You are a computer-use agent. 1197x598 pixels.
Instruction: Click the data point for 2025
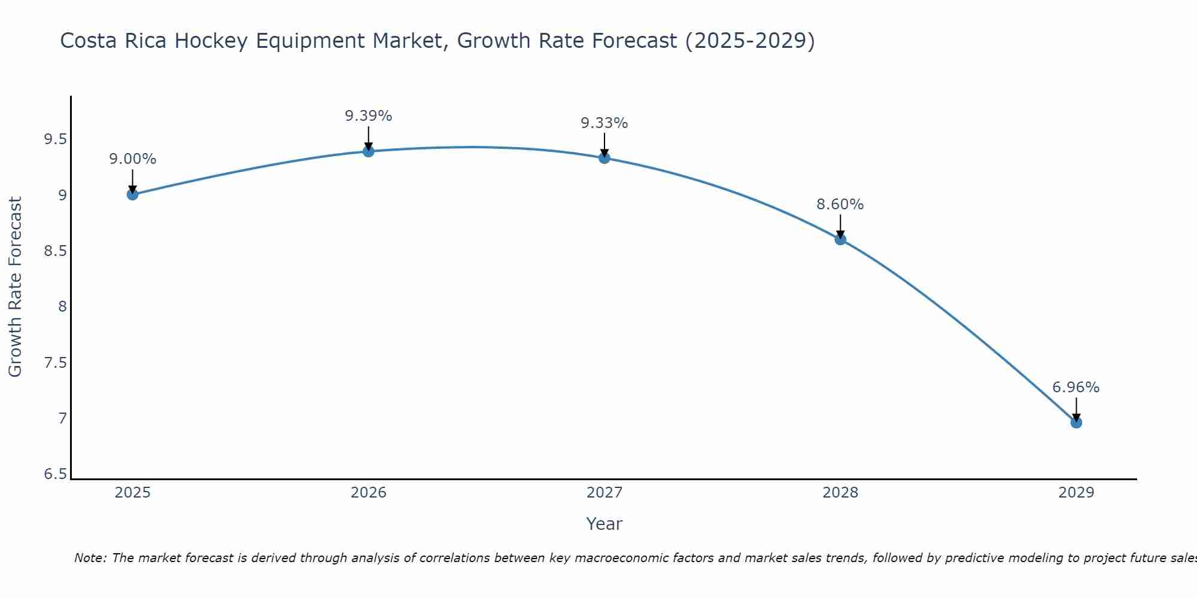tap(133, 194)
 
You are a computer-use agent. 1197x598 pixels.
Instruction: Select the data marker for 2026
tap(369, 151)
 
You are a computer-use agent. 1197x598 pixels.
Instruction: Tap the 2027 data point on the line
tap(604, 158)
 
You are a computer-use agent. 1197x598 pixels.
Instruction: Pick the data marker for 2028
tap(840, 239)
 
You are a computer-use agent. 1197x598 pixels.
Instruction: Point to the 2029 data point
tap(1076, 422)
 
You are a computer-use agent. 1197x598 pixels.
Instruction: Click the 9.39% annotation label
tap(369, 116)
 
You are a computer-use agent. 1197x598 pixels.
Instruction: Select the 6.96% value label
tap(1076, 388)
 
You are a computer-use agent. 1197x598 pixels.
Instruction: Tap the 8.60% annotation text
tap(840, 205)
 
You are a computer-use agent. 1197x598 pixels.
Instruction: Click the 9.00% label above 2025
tap(133, 159)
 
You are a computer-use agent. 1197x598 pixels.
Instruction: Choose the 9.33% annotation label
tap(604, 123)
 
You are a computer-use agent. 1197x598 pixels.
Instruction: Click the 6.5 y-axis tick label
tap(55, 475)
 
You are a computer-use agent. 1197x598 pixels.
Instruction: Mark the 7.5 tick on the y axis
tap(55, 363)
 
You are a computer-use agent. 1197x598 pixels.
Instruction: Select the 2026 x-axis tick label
tap(369, 493)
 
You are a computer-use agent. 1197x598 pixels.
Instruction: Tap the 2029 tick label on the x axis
tap(1076, 493)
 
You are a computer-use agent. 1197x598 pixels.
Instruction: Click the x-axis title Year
tap(604, 524)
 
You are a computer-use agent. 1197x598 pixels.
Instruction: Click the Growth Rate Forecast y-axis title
tap(16, 287)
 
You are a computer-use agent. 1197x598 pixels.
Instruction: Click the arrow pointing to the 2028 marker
tap(840, 226)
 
